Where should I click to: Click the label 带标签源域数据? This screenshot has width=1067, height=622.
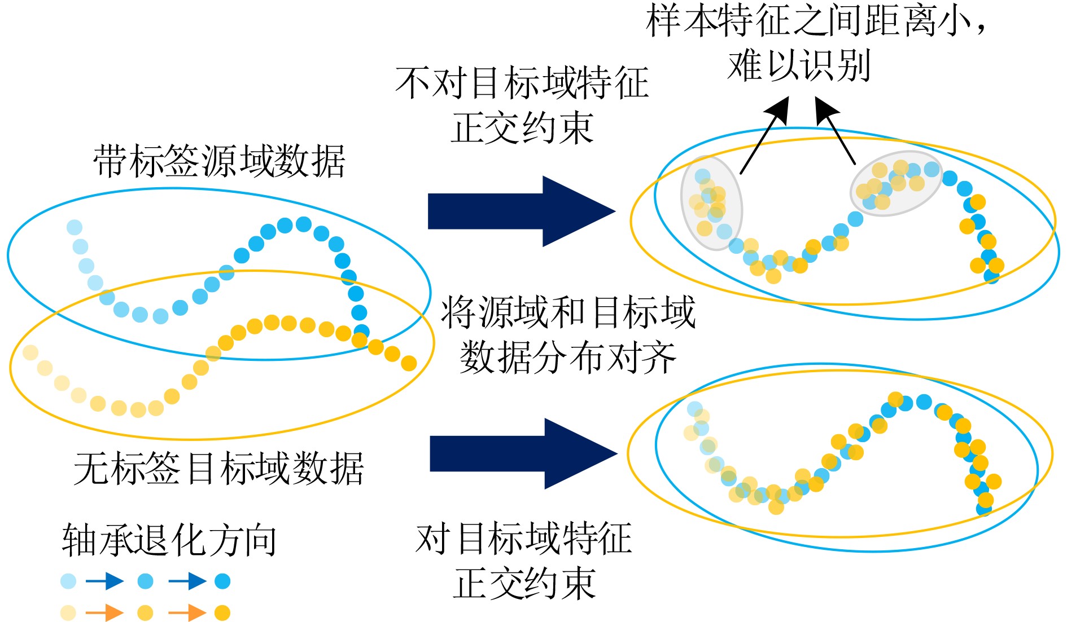219,161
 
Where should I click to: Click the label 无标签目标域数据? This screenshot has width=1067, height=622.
218,469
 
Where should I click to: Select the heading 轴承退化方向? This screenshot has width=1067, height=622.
169,540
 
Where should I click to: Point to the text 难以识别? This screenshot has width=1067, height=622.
799,66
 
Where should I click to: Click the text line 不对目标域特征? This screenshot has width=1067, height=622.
522,83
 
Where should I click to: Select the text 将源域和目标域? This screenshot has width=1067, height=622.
567,312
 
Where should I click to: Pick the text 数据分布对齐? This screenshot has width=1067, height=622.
567,358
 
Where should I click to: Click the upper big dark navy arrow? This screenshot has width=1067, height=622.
521,211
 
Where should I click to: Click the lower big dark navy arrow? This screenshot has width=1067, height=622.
523,454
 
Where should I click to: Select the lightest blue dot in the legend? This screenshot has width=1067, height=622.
68,581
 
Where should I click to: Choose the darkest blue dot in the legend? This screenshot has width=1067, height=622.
222,581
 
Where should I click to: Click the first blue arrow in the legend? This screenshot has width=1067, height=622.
105,581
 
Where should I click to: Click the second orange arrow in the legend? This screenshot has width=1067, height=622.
187,612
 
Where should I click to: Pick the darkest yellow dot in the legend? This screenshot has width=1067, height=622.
222,612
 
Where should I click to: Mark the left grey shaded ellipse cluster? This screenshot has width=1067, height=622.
711,203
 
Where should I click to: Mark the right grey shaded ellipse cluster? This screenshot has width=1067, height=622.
896,183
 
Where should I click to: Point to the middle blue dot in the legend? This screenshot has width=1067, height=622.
145,581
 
